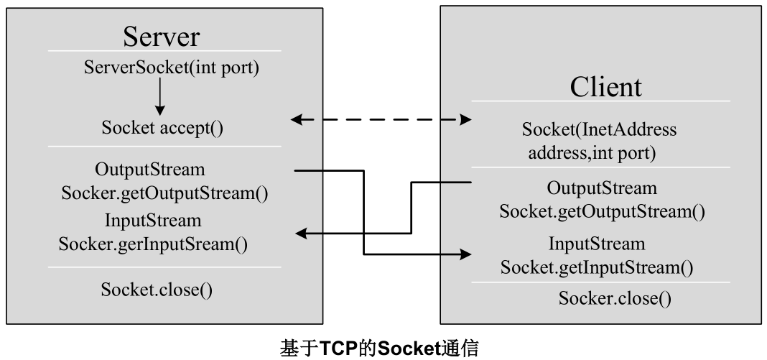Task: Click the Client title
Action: tap(605, 86)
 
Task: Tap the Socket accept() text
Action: tap(162, 129)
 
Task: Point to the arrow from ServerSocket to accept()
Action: tap(160, 97)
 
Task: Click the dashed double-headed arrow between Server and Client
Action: tap(381, 120)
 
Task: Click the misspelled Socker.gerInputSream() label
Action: tap(153, 243)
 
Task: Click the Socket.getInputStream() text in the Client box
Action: tap(596, 268)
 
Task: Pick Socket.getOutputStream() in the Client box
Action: tap(602, 211)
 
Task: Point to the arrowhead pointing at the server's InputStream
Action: tap(302, 234)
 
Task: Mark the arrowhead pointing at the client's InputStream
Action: tap(467, 254)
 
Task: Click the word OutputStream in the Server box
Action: tap(149, 170)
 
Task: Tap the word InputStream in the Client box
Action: tap(597, 244)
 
